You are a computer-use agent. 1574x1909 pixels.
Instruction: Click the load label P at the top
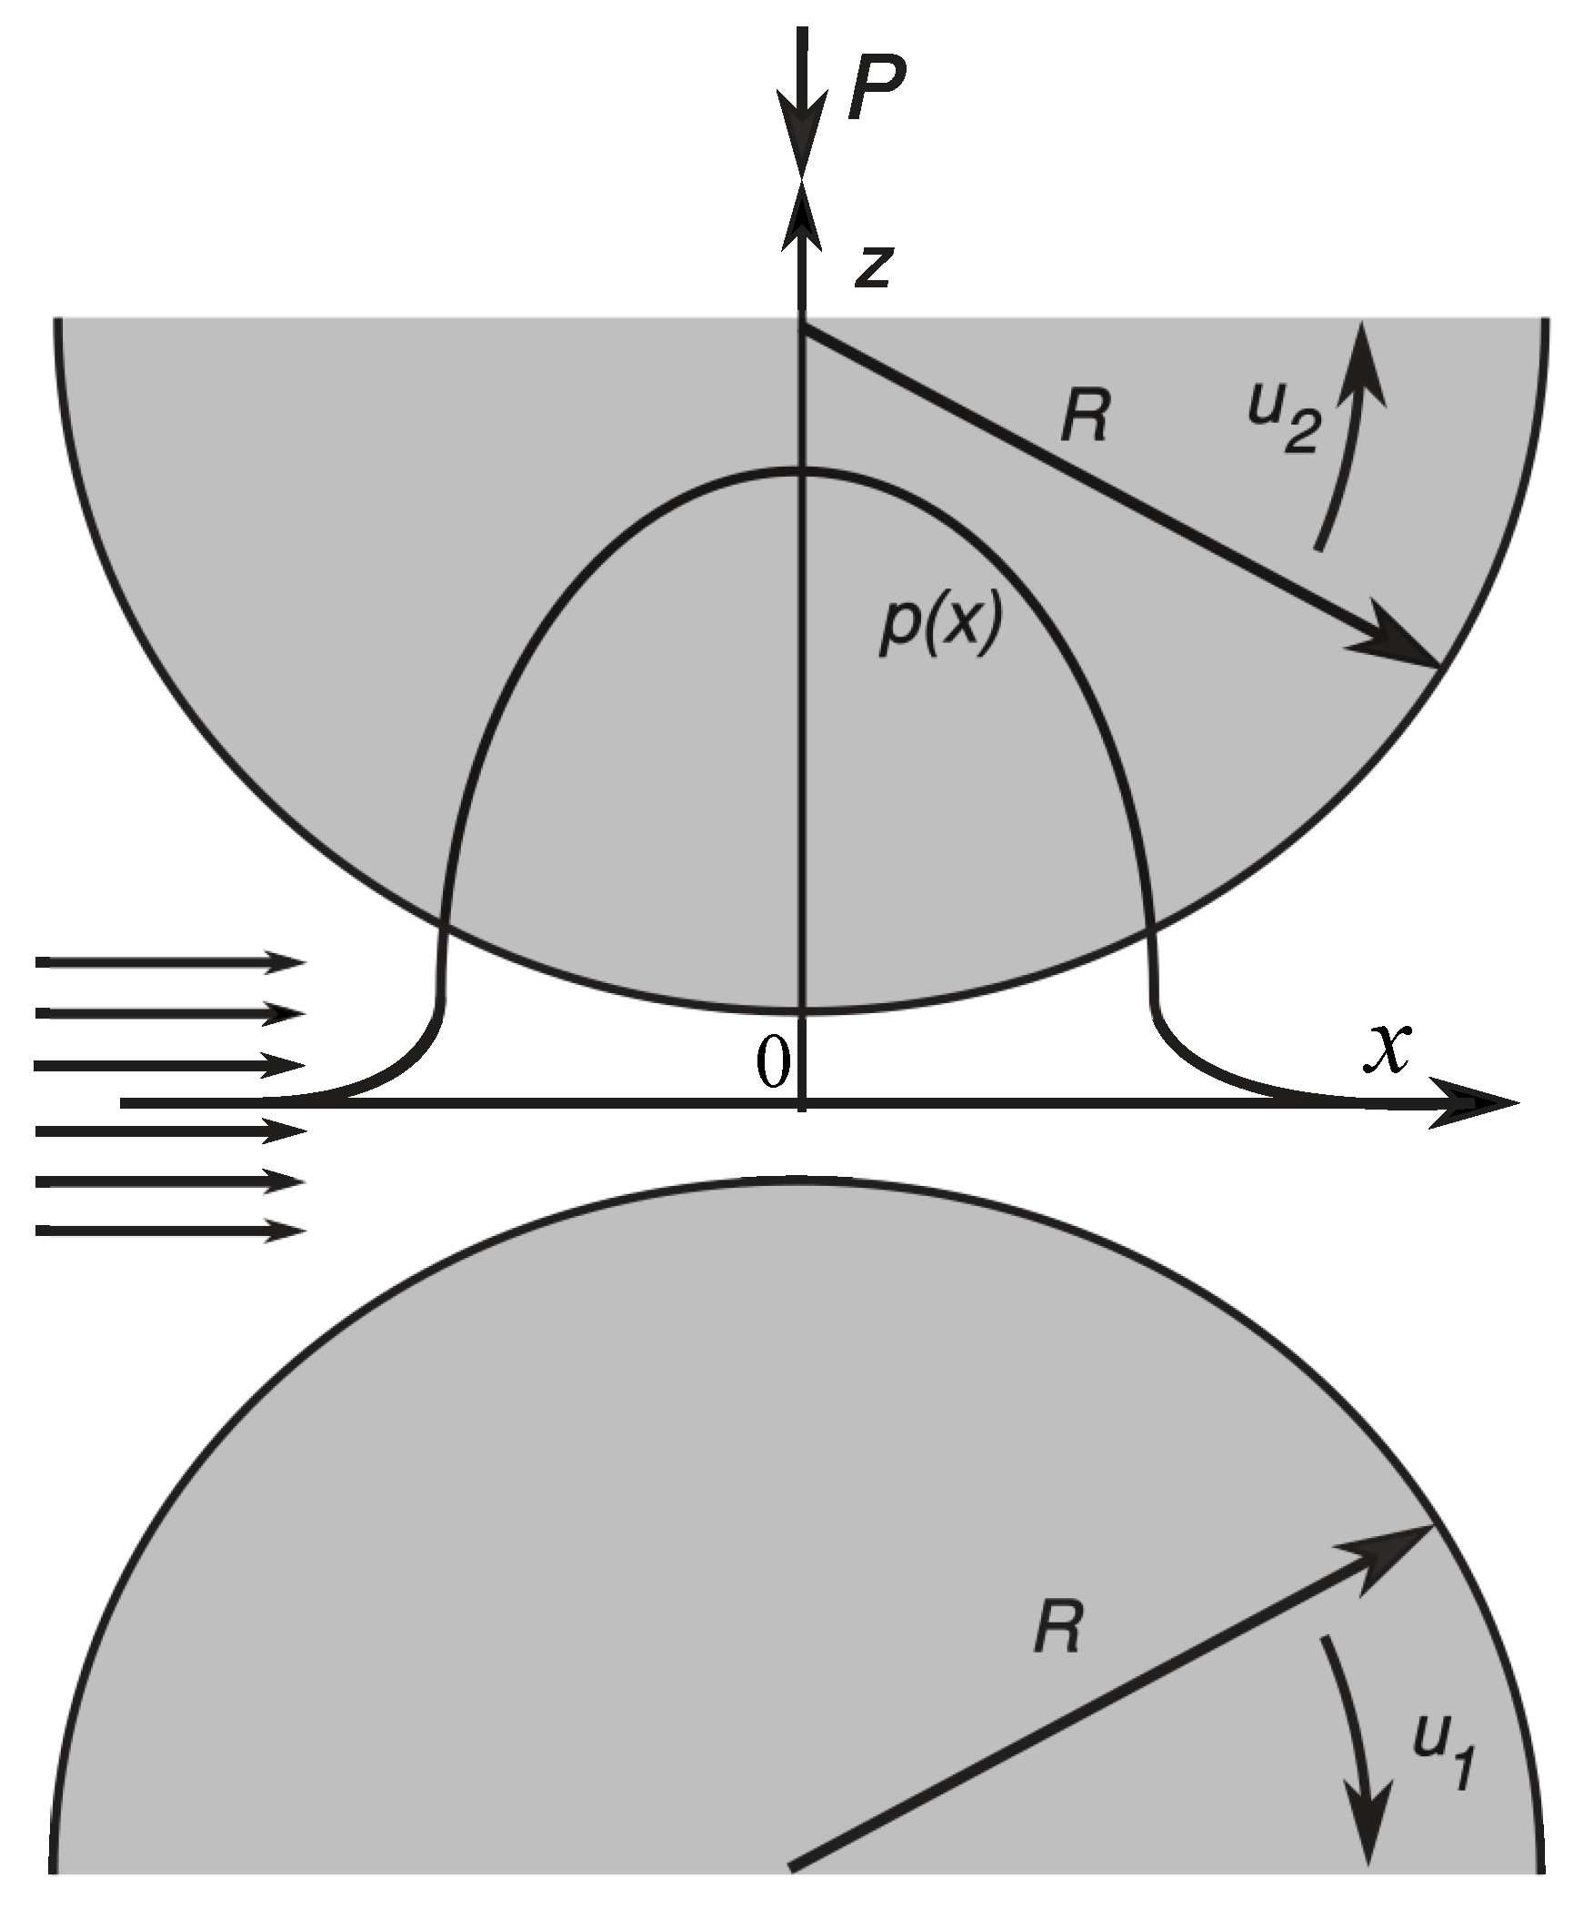(876, 93)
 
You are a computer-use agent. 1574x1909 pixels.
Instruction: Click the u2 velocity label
(1281, 425)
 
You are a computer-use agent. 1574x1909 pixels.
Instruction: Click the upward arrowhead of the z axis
(801, 218)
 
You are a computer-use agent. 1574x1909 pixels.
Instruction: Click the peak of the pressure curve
(801, 469)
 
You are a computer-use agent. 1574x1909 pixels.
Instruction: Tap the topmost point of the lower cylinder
(801, 1180)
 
